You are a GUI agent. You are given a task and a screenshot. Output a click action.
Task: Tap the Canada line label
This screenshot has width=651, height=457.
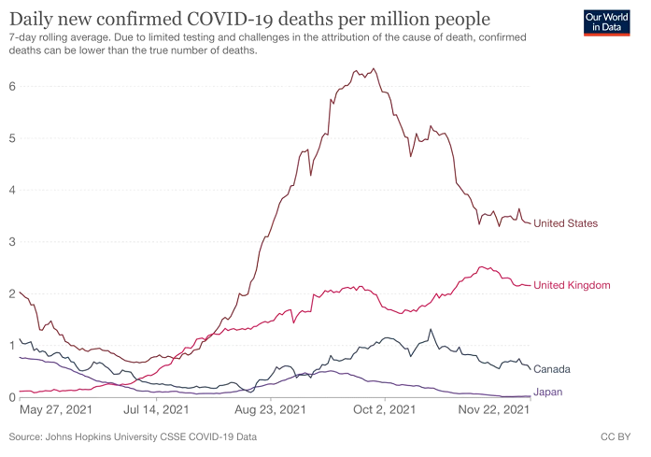tap(552, 369)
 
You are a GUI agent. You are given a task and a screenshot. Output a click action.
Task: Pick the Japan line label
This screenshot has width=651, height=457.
tap(547, 392)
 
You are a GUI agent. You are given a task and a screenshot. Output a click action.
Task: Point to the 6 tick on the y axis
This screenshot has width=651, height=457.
tap(11, 86)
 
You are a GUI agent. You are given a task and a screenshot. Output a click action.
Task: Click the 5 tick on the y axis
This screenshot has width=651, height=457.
tap(11, 138)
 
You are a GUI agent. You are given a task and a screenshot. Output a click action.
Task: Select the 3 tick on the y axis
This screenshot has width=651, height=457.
tap(11, 242)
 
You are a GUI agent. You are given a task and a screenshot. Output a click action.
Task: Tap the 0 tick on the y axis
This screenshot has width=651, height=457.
tap(11, 397)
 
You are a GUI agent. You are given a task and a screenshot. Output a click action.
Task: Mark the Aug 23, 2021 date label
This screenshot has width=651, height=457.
tap(269, 409)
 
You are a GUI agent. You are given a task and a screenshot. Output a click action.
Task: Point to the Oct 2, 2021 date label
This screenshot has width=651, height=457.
tap(384, 409)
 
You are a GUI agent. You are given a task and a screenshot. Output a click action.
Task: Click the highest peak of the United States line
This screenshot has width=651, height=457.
tap(375, 68)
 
